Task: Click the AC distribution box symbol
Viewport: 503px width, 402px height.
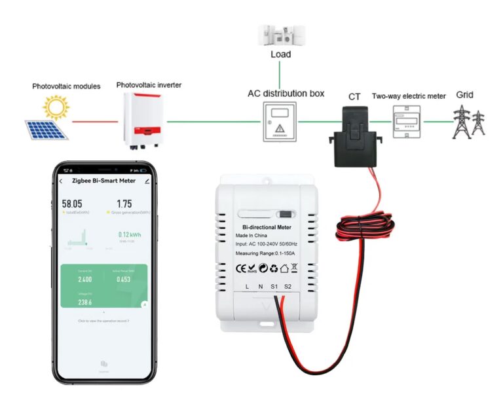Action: click(279, 122)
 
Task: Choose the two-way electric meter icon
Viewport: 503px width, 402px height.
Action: click(407, 121)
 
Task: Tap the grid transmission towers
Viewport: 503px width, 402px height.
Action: click(470, 122)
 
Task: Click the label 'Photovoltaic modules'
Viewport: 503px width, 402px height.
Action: click(67, 86)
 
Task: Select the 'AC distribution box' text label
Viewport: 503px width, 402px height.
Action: click(286, 94)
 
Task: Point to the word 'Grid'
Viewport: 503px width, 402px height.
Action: click(465, 95)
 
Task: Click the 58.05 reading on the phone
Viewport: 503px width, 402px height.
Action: click(72, 204)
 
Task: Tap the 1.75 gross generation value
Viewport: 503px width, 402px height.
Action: click(124, 204)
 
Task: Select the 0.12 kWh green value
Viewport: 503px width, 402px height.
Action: click(129, 234)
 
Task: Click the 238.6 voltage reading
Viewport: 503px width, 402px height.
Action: click(85, 302)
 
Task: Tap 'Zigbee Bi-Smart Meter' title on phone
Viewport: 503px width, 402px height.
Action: click(103, 181)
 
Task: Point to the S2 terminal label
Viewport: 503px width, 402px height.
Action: click(288, 287)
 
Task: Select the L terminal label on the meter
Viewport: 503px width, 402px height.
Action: click(246, 287)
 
